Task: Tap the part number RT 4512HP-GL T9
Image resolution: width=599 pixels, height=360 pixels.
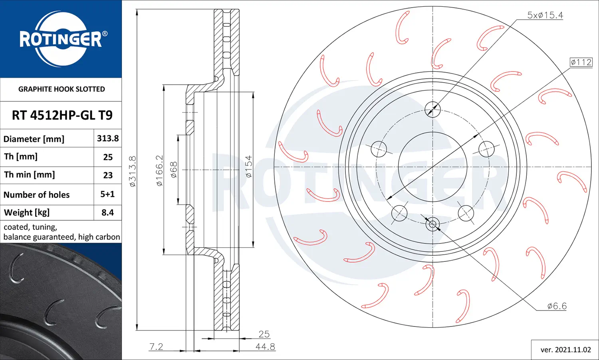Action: coord(62,115)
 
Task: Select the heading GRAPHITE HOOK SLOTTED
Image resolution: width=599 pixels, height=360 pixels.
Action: coord(61,89)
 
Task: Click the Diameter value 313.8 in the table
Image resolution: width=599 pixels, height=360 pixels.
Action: coord(108,138)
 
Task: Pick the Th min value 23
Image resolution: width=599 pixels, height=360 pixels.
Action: coord(108,175)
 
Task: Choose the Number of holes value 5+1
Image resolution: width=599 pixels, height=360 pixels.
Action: coord(107,194)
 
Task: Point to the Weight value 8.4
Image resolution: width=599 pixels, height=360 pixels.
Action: coord(107,212)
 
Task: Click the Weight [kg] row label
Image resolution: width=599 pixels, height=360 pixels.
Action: coord(27,212)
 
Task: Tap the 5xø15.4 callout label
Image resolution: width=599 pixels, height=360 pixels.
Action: coord(545,15)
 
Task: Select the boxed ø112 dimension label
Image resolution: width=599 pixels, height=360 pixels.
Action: coord(581,62)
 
